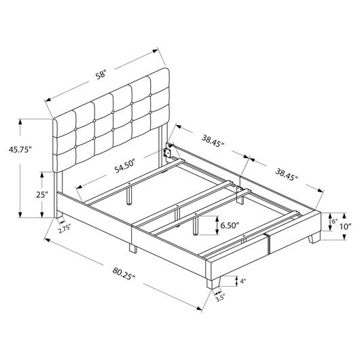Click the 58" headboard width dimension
[x=101, y=75]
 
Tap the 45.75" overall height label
[x=20, y=149]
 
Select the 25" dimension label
[x=42, y=195]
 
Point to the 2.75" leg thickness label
[x=65, y=230]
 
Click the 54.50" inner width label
[x=124, y=166]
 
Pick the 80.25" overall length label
[x=124, y=274]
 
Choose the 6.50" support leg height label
[x=230, y=226]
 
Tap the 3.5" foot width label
[x=219, y=298]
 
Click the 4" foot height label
[x=243, y=281]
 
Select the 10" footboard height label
[x=346, y=226]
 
